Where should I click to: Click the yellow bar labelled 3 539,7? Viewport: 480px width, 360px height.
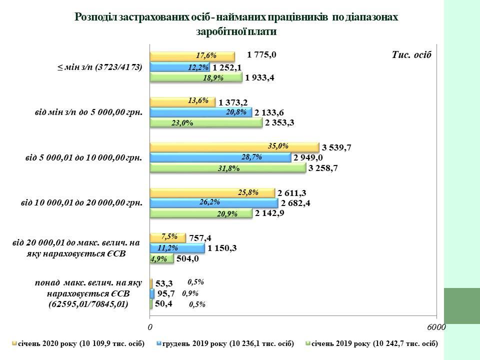point(234,146)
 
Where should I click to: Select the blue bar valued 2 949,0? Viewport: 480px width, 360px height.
point(220,157)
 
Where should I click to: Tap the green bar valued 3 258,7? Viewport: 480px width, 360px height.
point(228,168)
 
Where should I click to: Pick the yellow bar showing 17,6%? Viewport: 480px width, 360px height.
point(192,56)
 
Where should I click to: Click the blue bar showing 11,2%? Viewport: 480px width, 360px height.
point(177,247)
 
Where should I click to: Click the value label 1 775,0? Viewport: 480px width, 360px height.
point(261,55)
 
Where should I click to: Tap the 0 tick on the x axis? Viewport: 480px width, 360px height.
point(150,326)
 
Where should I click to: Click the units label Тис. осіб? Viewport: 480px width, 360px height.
point(411,54)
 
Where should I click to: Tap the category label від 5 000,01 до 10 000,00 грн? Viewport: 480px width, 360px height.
point(83,158)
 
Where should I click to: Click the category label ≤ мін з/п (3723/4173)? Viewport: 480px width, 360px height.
point(99,66)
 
